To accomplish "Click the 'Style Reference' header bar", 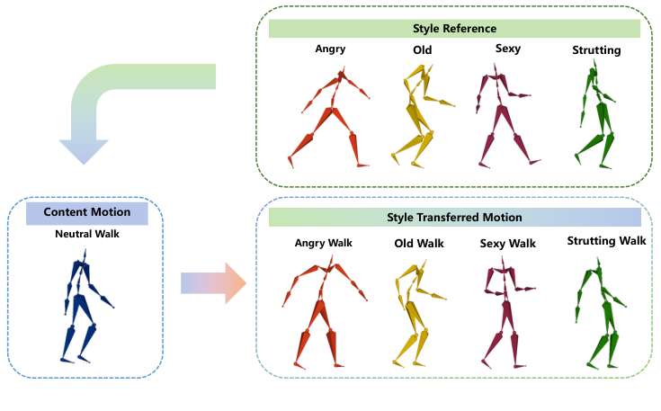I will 454,29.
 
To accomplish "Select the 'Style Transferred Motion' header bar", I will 454,217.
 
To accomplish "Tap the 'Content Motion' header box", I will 86,213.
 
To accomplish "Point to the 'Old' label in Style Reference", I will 422,50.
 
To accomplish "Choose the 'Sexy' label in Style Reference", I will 507,50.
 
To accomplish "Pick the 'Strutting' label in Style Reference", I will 596,50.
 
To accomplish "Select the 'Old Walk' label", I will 419,244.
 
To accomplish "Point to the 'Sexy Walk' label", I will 509,244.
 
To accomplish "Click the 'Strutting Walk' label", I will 606,241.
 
